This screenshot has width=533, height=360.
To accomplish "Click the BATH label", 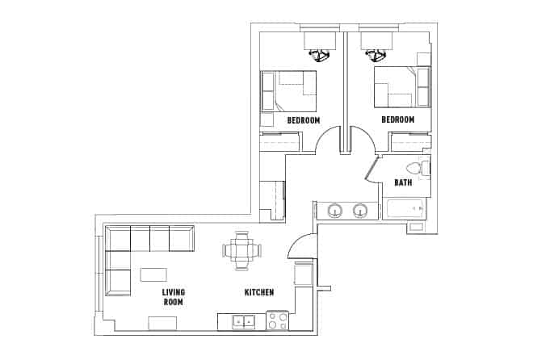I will (403, 182).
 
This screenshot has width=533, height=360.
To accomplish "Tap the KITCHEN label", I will (259, 292).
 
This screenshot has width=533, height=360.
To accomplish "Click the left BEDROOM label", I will (304, 120).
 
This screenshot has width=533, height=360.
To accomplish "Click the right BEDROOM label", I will (397, 119).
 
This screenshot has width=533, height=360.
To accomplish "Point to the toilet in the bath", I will (418, 169).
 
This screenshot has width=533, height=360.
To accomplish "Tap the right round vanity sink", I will (360, 211).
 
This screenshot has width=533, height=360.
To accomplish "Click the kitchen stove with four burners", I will (278, 320).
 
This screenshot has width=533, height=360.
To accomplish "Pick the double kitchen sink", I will (243, 321).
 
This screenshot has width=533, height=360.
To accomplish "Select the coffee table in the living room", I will (153, 274).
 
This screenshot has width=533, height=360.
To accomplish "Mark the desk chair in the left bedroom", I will (320, 55).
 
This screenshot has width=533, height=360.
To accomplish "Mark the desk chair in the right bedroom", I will (376, 55).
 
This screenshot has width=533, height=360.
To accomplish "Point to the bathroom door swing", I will (371, 169).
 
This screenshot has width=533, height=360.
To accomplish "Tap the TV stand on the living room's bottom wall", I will (162, 323).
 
